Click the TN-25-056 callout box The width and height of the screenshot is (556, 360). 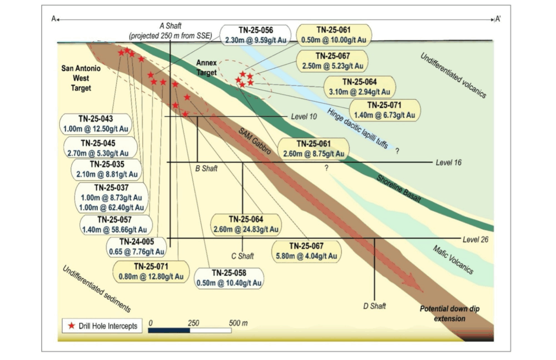point(255,35)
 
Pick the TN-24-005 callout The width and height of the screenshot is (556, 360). point(136,246)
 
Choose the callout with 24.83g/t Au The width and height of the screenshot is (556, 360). point(245,225)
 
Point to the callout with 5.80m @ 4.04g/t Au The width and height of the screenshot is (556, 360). point(308,251)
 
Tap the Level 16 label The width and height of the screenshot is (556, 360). point(448,162)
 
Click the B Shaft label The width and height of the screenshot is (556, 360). point(206,168)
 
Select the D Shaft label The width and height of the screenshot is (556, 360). point(374,306)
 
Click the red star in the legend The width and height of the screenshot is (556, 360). point(71,326)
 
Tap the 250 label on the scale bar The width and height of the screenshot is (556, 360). point(193,323)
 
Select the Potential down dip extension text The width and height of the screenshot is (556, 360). point(450,313)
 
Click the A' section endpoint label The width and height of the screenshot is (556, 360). point(497,19)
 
